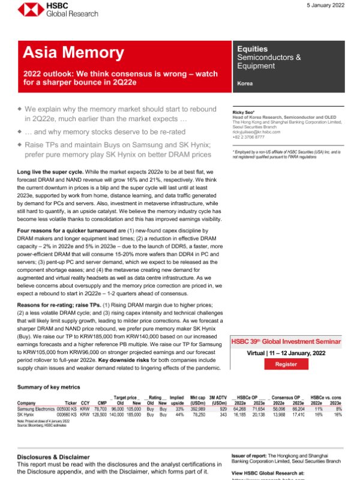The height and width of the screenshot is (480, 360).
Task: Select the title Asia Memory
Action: click(x=61, y=53)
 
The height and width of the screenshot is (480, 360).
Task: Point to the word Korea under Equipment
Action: click(x=245, y=83)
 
